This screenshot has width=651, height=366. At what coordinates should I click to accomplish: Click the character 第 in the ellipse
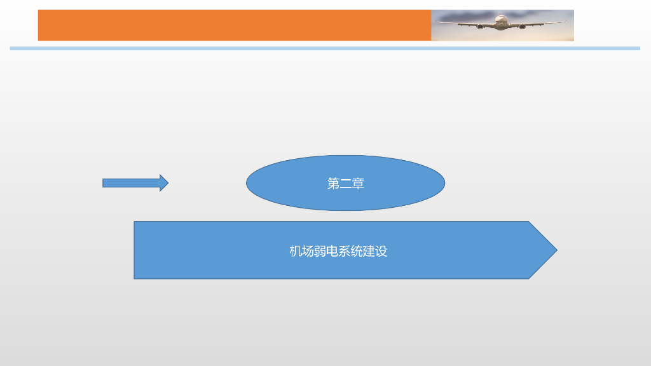333,184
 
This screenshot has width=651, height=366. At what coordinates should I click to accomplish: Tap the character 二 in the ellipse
346,184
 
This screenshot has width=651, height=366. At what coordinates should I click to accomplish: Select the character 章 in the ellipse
358,184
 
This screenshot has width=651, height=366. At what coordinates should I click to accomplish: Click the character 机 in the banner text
296,251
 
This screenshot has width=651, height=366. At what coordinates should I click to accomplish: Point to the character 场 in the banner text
308,251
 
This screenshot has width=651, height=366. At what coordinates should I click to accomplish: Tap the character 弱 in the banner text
320,251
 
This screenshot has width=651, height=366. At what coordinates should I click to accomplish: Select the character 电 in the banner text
332,251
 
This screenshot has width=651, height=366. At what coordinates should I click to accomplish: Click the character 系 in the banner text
344,251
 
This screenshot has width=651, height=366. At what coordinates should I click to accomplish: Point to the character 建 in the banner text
369,251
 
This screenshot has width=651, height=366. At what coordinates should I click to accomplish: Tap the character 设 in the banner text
381,251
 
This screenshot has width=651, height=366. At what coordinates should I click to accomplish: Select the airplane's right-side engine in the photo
522,27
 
